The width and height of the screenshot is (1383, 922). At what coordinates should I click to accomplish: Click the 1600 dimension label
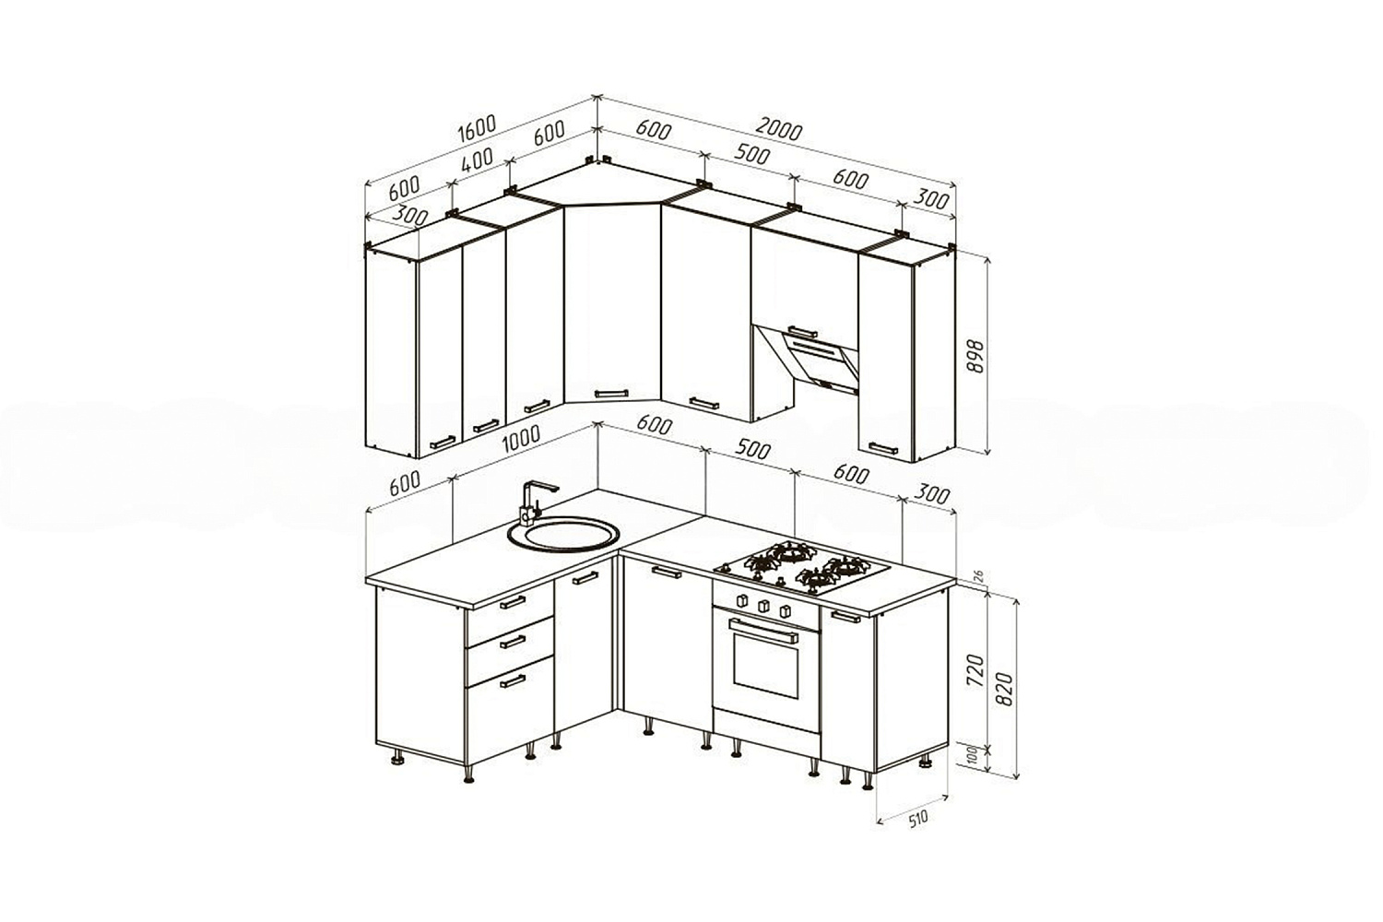click(x=477, y=128)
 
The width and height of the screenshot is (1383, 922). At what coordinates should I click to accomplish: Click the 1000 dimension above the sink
click(x=521, y=439)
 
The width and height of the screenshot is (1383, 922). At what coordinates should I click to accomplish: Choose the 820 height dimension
click(x=1005, y=689)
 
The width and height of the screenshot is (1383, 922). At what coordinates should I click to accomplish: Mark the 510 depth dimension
click(x=918, y=819)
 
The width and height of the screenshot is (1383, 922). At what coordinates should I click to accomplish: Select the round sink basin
click(x=562, y=534)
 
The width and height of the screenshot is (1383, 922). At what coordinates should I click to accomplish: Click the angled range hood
click(x=809, y=359)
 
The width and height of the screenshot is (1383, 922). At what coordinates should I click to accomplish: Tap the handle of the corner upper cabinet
click(x=611, y=394)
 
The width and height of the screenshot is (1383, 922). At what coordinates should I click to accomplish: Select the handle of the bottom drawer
click(x=513, y=681)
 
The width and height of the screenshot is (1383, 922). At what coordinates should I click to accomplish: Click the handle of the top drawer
click(x=513, y=602)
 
